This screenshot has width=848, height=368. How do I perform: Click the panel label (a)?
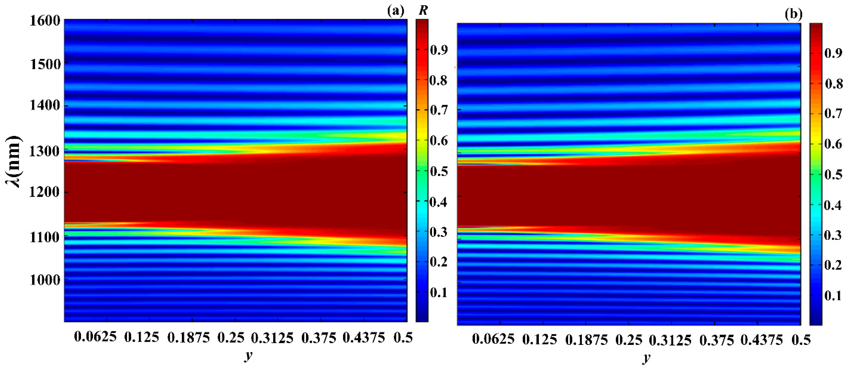pos(396,11)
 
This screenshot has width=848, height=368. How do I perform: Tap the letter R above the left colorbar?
pos(423,11)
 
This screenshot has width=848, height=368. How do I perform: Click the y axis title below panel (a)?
pos(247,356)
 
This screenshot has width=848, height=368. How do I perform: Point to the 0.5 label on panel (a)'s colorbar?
pos(439,171)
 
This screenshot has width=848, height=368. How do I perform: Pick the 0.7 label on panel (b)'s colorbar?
pos(833,114)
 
